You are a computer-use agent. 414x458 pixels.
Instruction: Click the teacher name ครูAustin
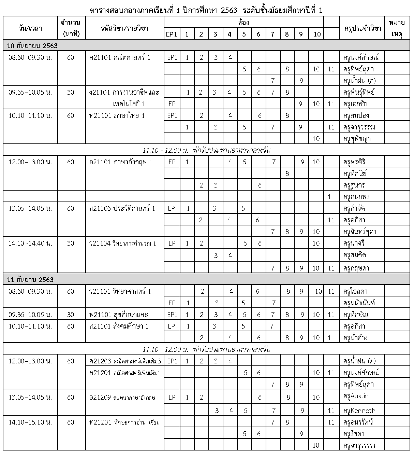[356, 397]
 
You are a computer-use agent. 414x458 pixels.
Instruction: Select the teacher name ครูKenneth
[359, 411]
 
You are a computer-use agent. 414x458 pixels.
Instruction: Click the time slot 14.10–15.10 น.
[30, 422]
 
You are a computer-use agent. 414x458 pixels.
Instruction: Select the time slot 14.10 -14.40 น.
[30, 243]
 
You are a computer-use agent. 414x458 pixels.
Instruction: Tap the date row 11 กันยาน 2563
[30, 280]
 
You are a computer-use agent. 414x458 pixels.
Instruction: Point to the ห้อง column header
[243, 23]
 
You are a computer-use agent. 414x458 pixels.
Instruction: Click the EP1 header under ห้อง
[172, 34]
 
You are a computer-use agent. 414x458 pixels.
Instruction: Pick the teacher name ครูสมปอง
[356, 115]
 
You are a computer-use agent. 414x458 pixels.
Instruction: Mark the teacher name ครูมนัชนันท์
[360, 303]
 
